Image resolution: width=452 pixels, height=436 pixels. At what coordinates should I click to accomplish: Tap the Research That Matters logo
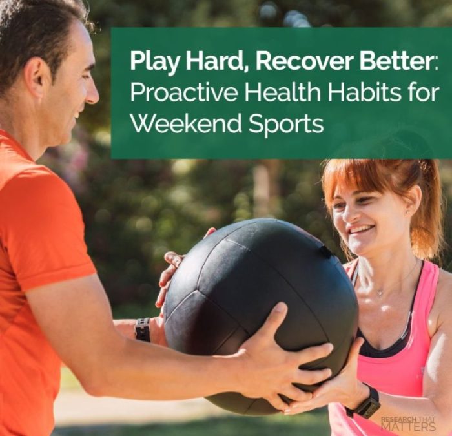tap(407, 424)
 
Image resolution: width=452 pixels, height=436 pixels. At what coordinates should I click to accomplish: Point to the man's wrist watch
tap(142, 329)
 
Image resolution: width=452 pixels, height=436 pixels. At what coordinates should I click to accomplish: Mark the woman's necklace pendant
tap(380, 293)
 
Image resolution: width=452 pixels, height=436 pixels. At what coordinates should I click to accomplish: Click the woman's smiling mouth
tap(361, 230)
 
